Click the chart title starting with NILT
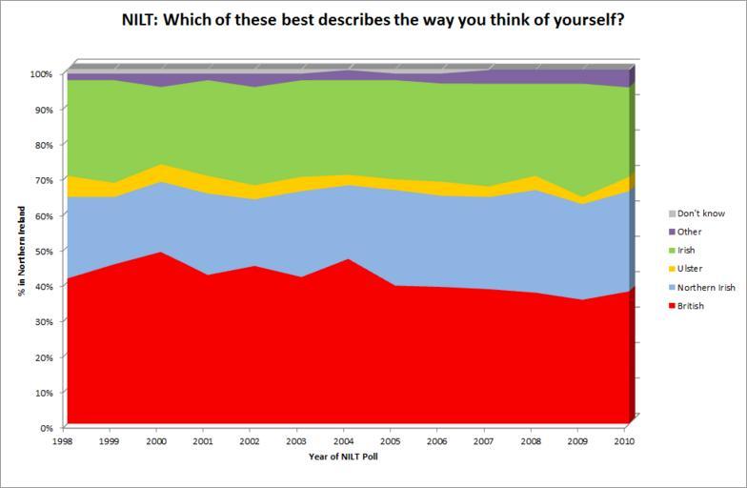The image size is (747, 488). coord(373,19)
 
